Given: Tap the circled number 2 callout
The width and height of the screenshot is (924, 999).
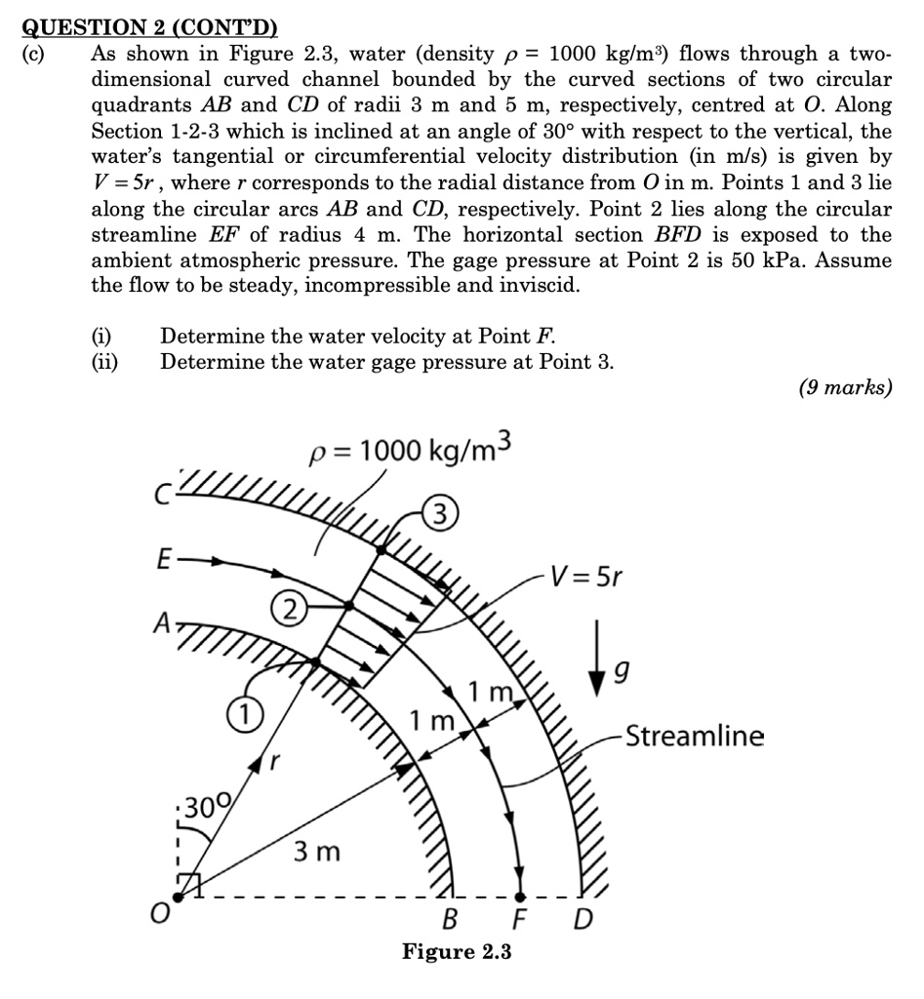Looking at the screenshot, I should (289, 612).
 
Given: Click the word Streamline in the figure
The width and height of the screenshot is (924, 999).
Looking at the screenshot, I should (695, 736).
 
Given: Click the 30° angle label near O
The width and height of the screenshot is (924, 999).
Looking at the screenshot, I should (206, 806).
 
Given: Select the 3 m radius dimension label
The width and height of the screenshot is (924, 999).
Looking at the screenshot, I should (316, 852).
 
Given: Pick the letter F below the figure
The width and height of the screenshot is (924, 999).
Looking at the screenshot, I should (522, 919).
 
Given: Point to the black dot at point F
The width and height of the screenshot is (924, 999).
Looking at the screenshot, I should (520, 896).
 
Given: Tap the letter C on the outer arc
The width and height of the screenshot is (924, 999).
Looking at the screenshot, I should (164, 496).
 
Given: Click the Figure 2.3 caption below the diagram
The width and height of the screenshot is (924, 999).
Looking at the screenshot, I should (457, 951).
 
